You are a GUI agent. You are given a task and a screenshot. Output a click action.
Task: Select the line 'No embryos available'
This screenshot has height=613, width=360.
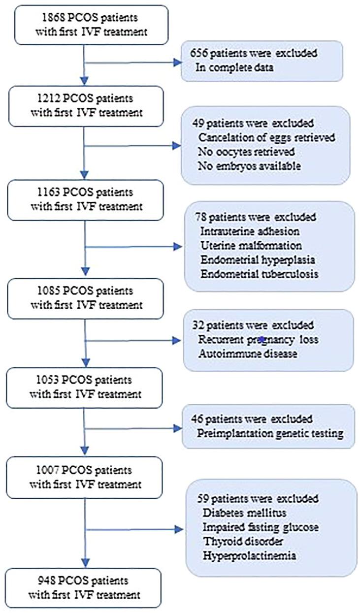click(x=249, y=166)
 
